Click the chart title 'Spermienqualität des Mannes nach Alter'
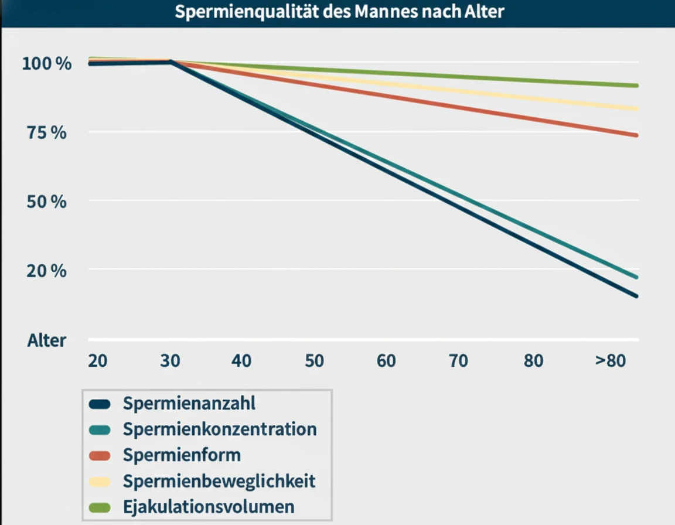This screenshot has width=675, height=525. (x=339, y=12)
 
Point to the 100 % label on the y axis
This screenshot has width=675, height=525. (x=47, y=63)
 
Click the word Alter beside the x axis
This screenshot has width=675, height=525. (x=47, y=340)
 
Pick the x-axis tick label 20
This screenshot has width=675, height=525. (x=97, y=360)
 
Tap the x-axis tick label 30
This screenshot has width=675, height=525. (x=170, y=360)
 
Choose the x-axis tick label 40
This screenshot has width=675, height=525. (x=241, y=360)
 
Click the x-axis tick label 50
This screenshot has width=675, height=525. (x=314, y=360)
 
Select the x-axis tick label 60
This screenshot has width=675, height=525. (x=386, y=360)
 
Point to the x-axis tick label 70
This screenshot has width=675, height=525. (x=458, y=360)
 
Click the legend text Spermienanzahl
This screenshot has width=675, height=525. (x=189, y=404)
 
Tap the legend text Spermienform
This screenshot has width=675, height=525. (x=182, y=455)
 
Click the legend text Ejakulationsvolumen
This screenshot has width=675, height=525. (x=209, y=506)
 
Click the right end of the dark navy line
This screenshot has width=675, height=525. (x=636, y=296)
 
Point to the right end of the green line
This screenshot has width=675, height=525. (x=636, y=86)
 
